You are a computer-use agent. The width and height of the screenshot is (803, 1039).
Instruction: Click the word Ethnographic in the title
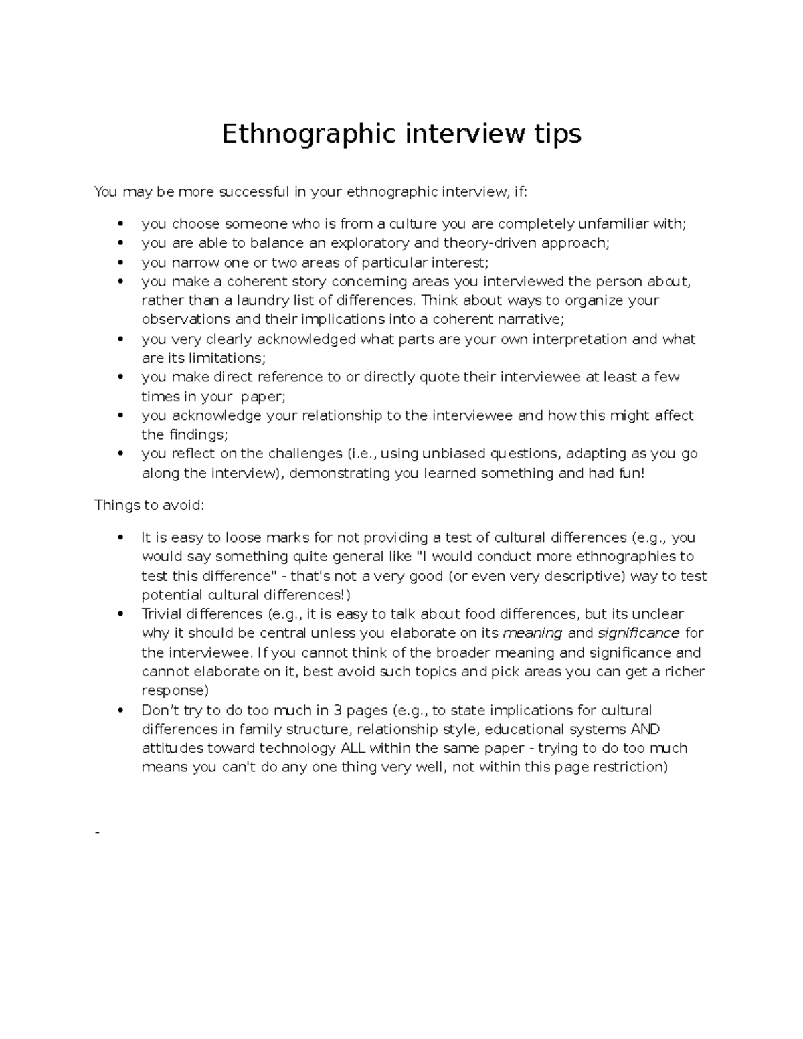pyautogui.click(x=307, y=134)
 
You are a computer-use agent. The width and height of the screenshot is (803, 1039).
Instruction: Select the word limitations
pyautogui.click(x=226, y=358)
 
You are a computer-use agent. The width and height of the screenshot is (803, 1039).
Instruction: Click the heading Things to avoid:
pyautogui.click(x=149, y=505)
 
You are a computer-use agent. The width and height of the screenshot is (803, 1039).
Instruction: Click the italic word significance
pyautogui.click(x=638, y=633)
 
